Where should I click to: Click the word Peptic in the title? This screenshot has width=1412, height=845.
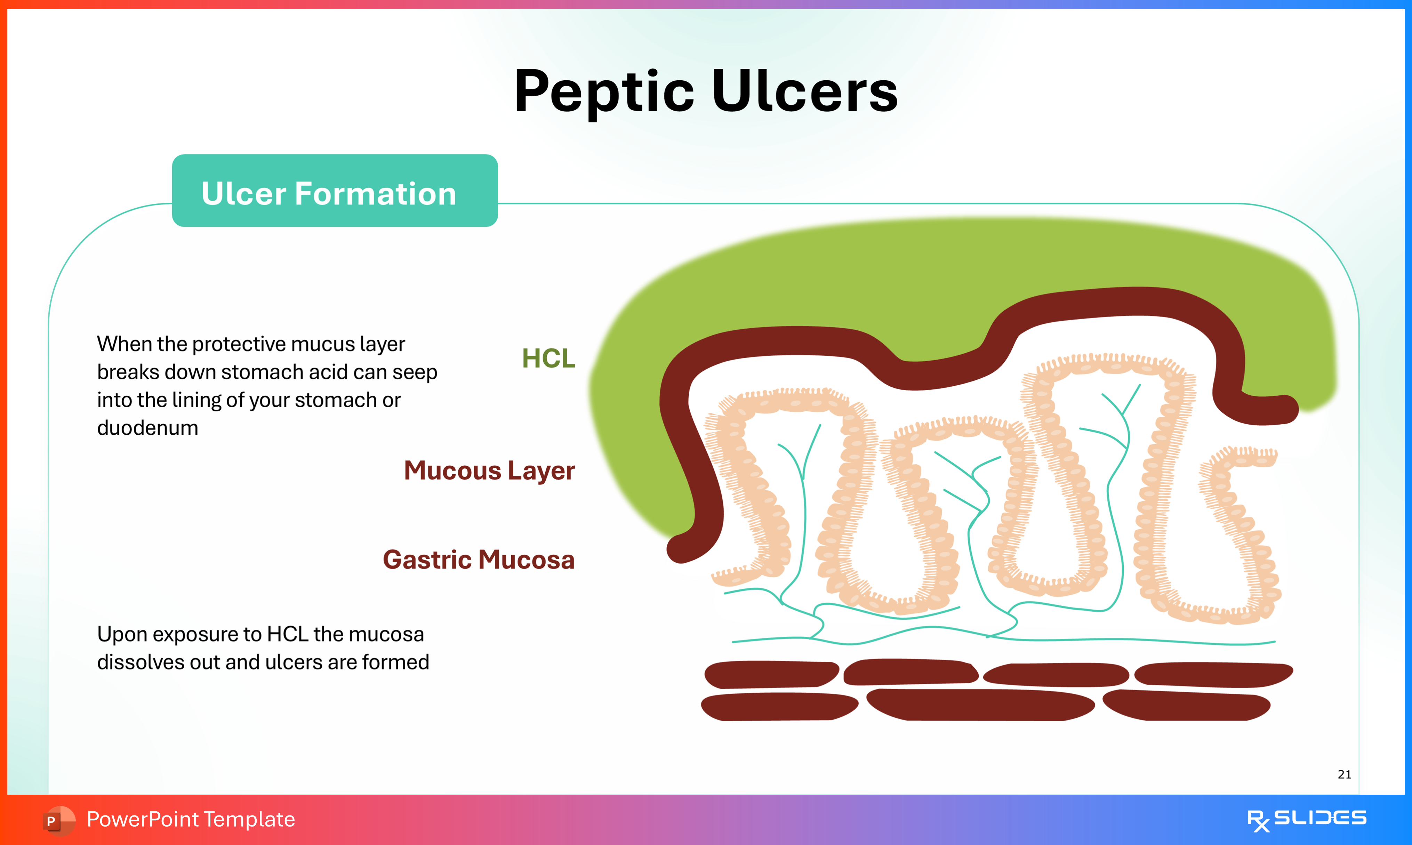click(x=603, y=92)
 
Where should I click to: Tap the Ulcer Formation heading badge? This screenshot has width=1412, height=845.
click(x=335, y=191)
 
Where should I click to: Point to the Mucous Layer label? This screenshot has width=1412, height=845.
click(x=489, y=471)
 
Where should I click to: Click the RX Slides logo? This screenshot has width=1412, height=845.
click(x=1306, y=819)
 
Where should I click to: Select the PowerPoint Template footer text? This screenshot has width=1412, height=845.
click(x=191, y=819)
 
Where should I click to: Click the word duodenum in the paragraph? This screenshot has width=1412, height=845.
click(x=147, y=428)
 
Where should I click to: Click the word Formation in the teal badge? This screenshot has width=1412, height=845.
click(x=376, y=194)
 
